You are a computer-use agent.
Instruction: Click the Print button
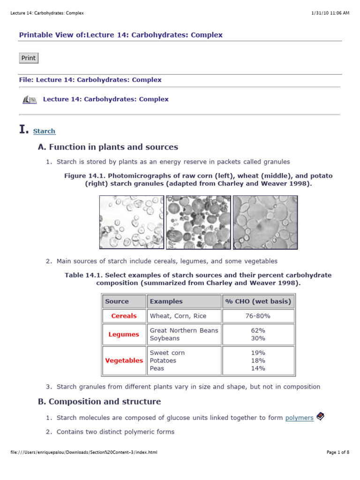[x=28, y=58]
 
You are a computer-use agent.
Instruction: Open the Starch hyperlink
[x=45, y=131]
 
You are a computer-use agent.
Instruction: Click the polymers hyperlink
[x=299, y=417]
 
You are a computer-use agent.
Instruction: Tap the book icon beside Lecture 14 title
[x=30, y=99]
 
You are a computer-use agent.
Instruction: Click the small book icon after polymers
[x=321, y=416]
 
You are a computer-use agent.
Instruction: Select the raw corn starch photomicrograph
[x=132, y=222]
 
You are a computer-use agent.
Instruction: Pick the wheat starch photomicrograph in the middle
[x=198, y=222]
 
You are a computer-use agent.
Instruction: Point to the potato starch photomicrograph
[x=265, y=222]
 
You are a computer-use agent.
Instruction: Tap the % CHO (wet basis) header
[x=258, y=301]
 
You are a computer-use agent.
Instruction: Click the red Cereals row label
[x=124, y=316]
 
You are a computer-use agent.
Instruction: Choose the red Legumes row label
[x=124, y=334]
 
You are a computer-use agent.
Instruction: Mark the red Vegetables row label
[x=124, y=360]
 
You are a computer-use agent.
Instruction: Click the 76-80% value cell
[x=258, y=316]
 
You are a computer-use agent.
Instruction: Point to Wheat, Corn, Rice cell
[x=178, y=316]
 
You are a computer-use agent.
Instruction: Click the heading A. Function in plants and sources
[x=108, y=147]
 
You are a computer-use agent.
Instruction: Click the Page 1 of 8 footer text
[x=337, y=452]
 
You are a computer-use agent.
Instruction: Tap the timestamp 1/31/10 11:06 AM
[x=330, y=13]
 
